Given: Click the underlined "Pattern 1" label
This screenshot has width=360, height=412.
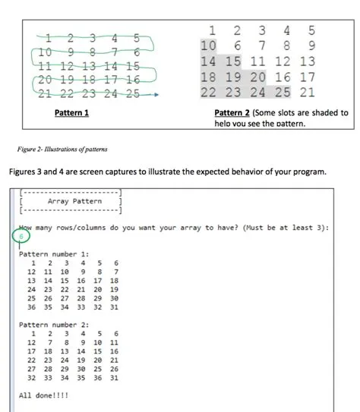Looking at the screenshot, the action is coord(72,112).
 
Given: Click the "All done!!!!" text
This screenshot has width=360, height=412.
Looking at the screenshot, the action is coord(43,395).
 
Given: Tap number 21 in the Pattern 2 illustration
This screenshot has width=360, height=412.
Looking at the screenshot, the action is coord(307,93).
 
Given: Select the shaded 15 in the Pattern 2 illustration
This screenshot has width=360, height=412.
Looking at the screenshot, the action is coord(233,62).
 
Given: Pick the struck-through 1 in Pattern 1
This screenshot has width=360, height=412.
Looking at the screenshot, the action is coord(49,39).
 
